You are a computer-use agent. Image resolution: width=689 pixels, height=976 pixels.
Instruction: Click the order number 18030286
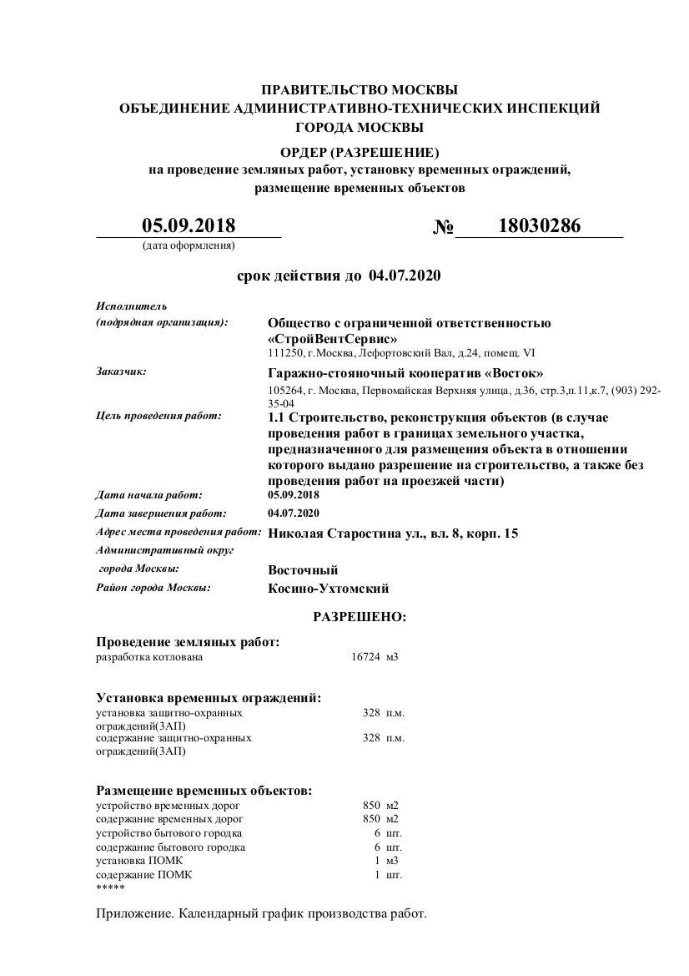pyautogui.click(x=539, y=226)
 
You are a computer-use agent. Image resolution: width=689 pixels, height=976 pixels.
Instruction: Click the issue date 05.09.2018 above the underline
pyautogui.click(x=189, y=225)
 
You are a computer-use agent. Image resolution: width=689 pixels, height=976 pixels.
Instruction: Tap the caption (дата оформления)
pyautogui.click(x=189, y=245)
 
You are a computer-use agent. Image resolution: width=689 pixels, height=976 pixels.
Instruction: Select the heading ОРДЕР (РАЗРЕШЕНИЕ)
pyautogui.click(x=360, y=153)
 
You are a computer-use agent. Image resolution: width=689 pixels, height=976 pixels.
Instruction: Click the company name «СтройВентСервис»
pyautogui.click(x=333, y=339)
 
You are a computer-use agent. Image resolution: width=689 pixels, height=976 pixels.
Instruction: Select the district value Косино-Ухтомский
pyautogui.click(x=329, y=589)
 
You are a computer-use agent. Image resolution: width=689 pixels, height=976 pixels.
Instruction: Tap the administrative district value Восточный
pyautogui.click(x=303, y=570)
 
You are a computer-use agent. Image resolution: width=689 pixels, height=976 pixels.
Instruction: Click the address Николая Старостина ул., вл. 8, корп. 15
pyautogui.click(x=393, y=533)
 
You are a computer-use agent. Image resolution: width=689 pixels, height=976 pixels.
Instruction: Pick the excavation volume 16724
pyautogui.click(x=365, y=657)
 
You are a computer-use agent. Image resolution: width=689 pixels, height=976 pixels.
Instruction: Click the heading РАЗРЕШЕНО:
pyautogui.click(x=360, y=617)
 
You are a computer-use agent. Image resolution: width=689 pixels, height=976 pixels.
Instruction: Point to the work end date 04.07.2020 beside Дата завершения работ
pyautogui.click(x=294, y=513)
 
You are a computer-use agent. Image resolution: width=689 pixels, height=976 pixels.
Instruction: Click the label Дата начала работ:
pyautogui.click(x=148, y=495)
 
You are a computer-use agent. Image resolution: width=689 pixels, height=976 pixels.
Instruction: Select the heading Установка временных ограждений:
pyautogui.click(x=209, y=697)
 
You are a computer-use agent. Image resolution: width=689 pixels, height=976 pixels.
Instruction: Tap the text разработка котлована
pyautogui.click(x=149, y=657)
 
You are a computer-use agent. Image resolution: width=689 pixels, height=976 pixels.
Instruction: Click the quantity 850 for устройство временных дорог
pyautogui.click(x=371, y=805)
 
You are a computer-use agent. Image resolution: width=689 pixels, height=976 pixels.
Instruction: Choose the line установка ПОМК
pyautogui.click(x=138, y=860)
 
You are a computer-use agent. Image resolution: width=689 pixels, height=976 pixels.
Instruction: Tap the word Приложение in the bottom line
pyautogui.click(x=134, y=913)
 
